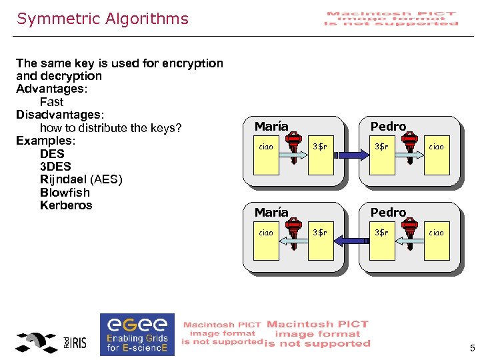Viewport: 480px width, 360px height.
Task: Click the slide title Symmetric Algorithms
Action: pos(103,19)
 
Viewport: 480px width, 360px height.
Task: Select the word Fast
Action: pos(51,102)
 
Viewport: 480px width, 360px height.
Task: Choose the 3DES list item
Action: pos(55,167)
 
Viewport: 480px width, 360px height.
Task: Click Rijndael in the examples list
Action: pos(64,179)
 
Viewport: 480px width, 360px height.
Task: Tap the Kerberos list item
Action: pos(66,205)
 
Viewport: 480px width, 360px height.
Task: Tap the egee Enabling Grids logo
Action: pos(137,333)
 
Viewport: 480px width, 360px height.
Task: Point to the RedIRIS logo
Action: pos(52,342)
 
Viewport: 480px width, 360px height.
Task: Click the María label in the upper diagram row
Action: pos(271,126)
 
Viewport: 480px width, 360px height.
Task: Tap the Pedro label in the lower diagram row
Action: pos(388,213)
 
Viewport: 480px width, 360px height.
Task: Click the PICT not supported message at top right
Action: pos(391,18)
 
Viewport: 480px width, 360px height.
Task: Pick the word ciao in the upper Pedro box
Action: pos(436,146)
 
